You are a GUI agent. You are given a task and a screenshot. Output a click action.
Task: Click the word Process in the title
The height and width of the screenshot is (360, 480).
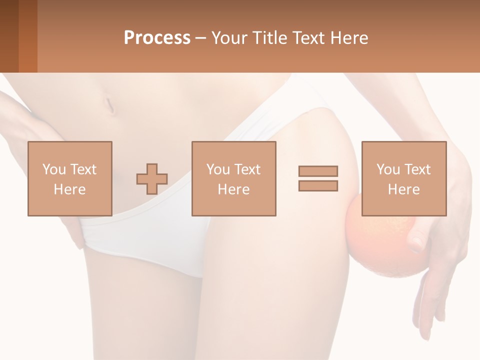point(157,37)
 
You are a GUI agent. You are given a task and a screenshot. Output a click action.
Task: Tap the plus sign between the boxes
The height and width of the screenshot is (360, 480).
point(152,179)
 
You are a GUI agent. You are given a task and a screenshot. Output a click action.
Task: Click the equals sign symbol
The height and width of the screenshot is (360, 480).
point(318,178)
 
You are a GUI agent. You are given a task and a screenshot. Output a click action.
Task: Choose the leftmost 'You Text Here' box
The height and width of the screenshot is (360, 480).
point(70,178)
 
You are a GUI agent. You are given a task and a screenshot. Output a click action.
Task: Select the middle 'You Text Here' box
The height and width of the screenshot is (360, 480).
point(234,178)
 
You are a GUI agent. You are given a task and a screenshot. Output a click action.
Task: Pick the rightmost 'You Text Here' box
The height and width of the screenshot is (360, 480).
point(404,178)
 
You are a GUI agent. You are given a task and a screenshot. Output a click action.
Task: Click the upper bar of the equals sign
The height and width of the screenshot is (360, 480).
point(318,171)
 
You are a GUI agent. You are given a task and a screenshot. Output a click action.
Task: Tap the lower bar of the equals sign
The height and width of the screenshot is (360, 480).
point(318,185)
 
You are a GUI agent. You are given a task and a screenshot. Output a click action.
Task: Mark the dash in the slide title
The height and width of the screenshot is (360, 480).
point(201,38)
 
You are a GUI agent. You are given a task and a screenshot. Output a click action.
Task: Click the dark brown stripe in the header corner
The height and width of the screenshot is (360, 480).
point(9,36)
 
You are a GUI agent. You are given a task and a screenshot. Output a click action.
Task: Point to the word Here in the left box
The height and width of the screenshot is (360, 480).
point(70,189)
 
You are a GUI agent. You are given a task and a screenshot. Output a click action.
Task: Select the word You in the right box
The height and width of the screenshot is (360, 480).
point(387,169)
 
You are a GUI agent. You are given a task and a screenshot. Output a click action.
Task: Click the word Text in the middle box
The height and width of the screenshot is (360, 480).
point(248,169)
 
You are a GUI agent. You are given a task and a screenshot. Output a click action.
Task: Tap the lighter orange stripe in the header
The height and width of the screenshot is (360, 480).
point(28,36)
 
